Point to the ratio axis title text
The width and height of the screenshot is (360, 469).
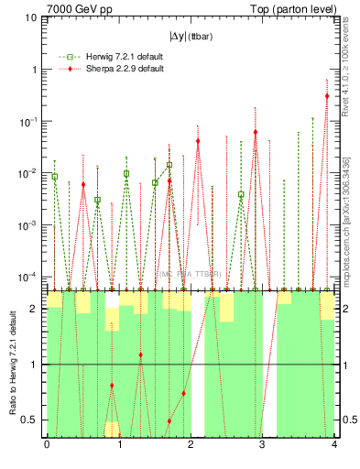click(13, 365)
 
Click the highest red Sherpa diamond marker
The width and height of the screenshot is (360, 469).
click(327, 95)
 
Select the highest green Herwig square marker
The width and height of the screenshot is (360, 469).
click(169, 165)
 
